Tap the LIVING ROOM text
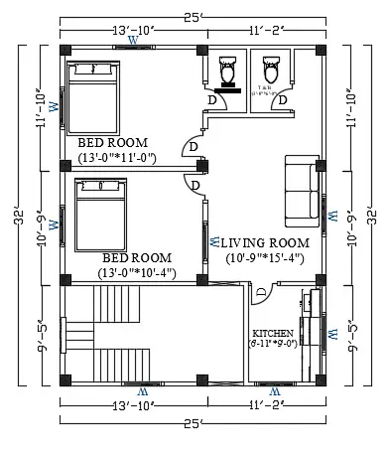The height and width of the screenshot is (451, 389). [265, 242]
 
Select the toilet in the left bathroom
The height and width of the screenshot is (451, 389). [227, 71]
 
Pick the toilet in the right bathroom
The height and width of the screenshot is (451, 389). [268, 69]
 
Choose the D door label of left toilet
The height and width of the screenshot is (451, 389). [211, 99]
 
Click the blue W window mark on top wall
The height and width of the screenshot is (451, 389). [133, 41]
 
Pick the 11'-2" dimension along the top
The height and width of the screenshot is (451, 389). [265, 31]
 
